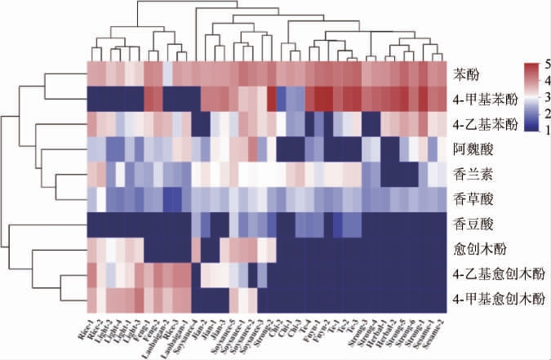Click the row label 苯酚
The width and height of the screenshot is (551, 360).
point(466,74)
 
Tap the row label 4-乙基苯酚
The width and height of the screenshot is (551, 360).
point(481,125)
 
